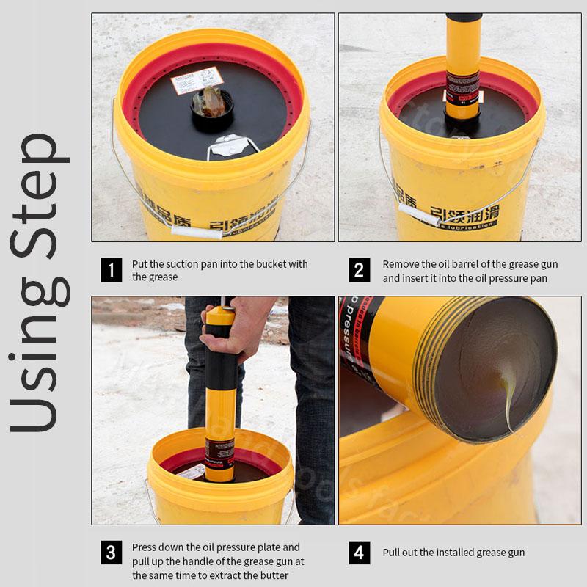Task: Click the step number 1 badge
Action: [111, 270]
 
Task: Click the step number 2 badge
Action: [358, 270]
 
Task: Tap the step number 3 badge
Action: [111, 553]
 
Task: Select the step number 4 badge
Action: [358, 553]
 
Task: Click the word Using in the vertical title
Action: [40, 367]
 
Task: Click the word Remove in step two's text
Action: [401, 264]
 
